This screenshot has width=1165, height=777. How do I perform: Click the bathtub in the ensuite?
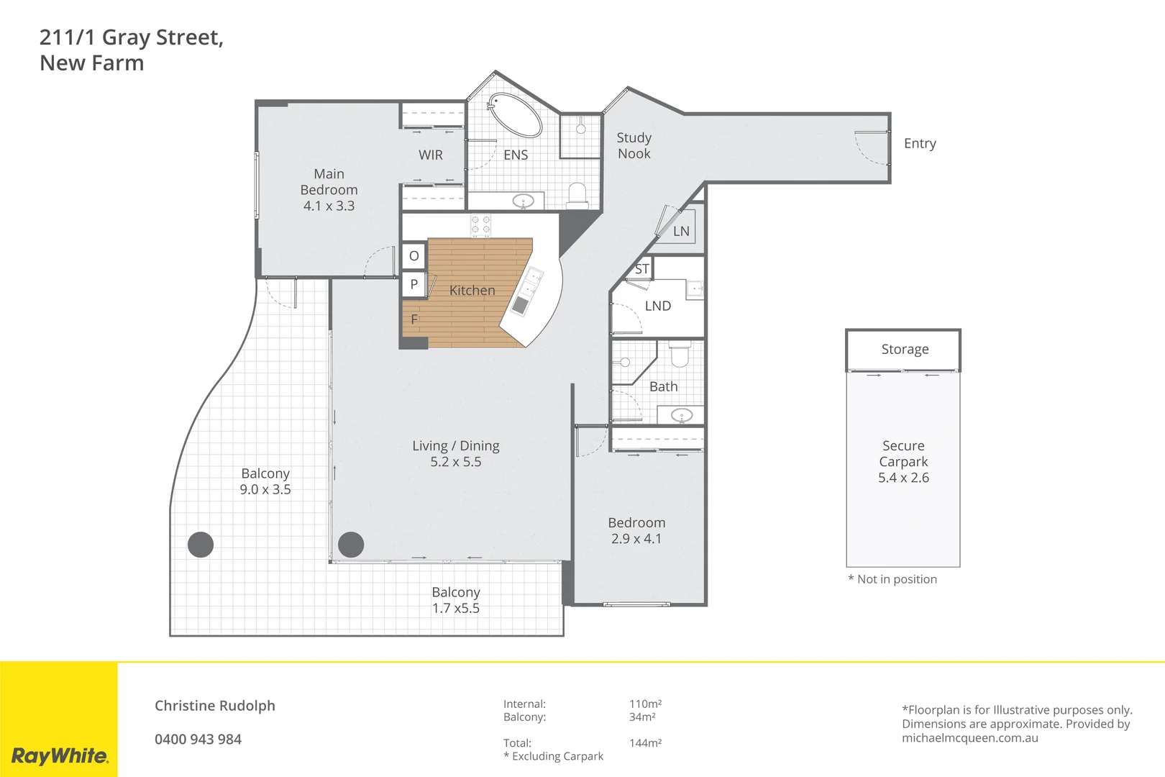click(x=515, y=115)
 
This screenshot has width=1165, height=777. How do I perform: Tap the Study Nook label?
click(x=634, y=145)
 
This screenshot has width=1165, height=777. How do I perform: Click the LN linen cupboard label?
click(x=681, y=231)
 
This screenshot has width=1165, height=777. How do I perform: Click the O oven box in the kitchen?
click(x=414, y=255)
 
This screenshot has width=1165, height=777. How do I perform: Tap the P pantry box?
click(x=414, y=284)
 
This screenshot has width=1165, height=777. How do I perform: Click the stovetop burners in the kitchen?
click(x=480, y=225)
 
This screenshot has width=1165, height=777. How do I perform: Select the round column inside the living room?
click(x=351, y=545)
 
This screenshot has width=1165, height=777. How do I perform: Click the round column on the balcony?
click(x=201, y=545)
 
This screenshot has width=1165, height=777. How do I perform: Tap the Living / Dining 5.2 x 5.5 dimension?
click(x=456, y=462)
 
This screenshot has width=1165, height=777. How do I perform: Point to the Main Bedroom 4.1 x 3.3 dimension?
click(x=329, y=206)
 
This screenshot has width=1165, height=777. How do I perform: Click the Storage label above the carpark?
click(x=905, y=349)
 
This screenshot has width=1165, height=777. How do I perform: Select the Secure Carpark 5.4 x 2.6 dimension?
click(x=903, y=478)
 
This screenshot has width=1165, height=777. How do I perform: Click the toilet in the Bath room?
click(x=680, y=355)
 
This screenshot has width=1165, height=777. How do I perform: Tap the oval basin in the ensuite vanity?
click(x=523, y=201)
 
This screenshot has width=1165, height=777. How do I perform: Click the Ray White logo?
click(x=60, y=755)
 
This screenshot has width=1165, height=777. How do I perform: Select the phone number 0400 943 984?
click(x=198, y=739)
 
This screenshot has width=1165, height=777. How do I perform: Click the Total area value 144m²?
click(x=645, y=742)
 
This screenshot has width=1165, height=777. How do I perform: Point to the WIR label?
click(x=431, y=155)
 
